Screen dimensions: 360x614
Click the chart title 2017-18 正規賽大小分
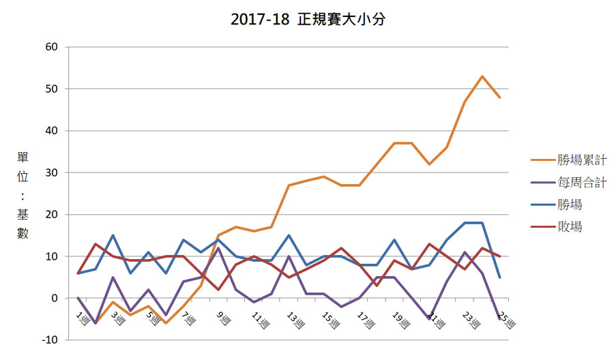pos(308,20)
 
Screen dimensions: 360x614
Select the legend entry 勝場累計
pos(569,161)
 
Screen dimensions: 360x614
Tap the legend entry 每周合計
pos(569,183)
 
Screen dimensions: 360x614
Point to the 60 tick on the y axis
pos(53,47)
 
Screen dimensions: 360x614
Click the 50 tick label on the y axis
pos(53,89)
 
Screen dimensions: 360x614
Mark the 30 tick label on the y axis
pos(53,172)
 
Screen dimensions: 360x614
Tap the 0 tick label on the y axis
pos(55,298)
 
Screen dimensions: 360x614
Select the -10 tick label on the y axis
pos(50,340)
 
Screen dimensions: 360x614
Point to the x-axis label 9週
pos(222,318)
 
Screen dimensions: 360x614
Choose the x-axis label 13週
pos(292,319)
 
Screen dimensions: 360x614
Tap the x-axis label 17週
pos(362,319)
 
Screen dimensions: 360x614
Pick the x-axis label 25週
pos(503,319)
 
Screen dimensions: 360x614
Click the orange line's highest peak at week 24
pos(482,76)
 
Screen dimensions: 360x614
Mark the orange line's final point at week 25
pos(500,97)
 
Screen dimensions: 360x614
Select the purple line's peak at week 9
pos(218,248)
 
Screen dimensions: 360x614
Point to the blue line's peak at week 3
pos(113,235)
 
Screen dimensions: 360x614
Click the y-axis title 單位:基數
pos(23,194)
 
